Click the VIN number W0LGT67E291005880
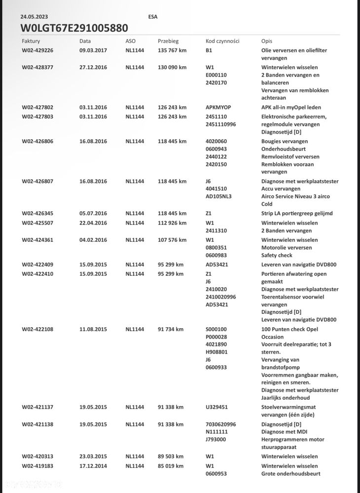74,28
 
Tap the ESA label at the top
153,17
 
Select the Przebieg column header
168,41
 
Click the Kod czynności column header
222,41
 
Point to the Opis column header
267,41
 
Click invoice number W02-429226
37,50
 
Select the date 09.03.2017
93,50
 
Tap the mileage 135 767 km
172,50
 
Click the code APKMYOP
218,107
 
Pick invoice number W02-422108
37,329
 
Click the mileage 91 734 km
171,329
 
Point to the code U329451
216,407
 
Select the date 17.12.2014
93,466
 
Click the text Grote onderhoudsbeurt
290,474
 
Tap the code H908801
216,352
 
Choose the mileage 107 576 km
172,240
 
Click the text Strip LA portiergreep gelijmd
297,213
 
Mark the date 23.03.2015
93,456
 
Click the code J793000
216,439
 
